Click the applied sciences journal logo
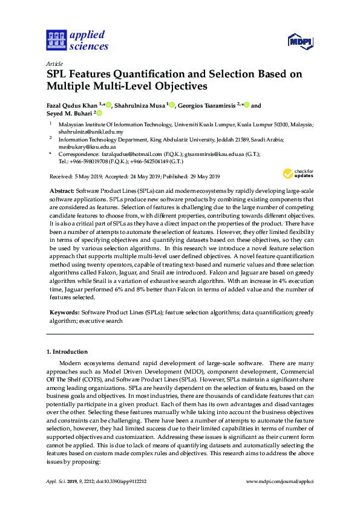click(77, 40)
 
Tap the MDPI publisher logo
click(299, 42)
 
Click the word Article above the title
click(54, 63)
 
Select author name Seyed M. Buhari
click(68, 113)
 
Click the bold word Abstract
click(62, 190)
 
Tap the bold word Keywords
click(64, 313)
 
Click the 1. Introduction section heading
click(67, 351)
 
